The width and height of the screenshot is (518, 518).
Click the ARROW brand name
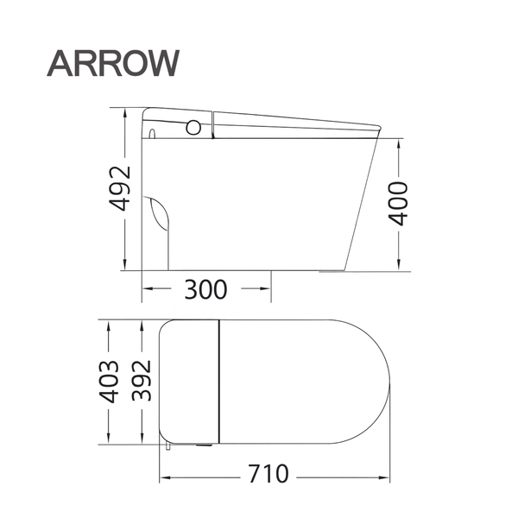pos(113,62)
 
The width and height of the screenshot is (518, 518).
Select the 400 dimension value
pos(397,205)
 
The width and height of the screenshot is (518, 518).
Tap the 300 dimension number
pos(205,290)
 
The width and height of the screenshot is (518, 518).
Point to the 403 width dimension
pos(109,382)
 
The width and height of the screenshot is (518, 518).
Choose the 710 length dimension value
pos(271,475)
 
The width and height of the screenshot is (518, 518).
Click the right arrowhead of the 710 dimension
pos(385,476)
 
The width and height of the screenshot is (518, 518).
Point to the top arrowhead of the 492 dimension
pos(126,111)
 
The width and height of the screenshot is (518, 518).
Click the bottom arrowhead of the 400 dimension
pos(398,265)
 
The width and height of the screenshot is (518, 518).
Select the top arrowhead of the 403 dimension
pos(109,325)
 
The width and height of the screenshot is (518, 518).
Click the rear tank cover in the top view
pos(191,380)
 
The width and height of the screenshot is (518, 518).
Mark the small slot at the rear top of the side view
pos(153,135)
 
